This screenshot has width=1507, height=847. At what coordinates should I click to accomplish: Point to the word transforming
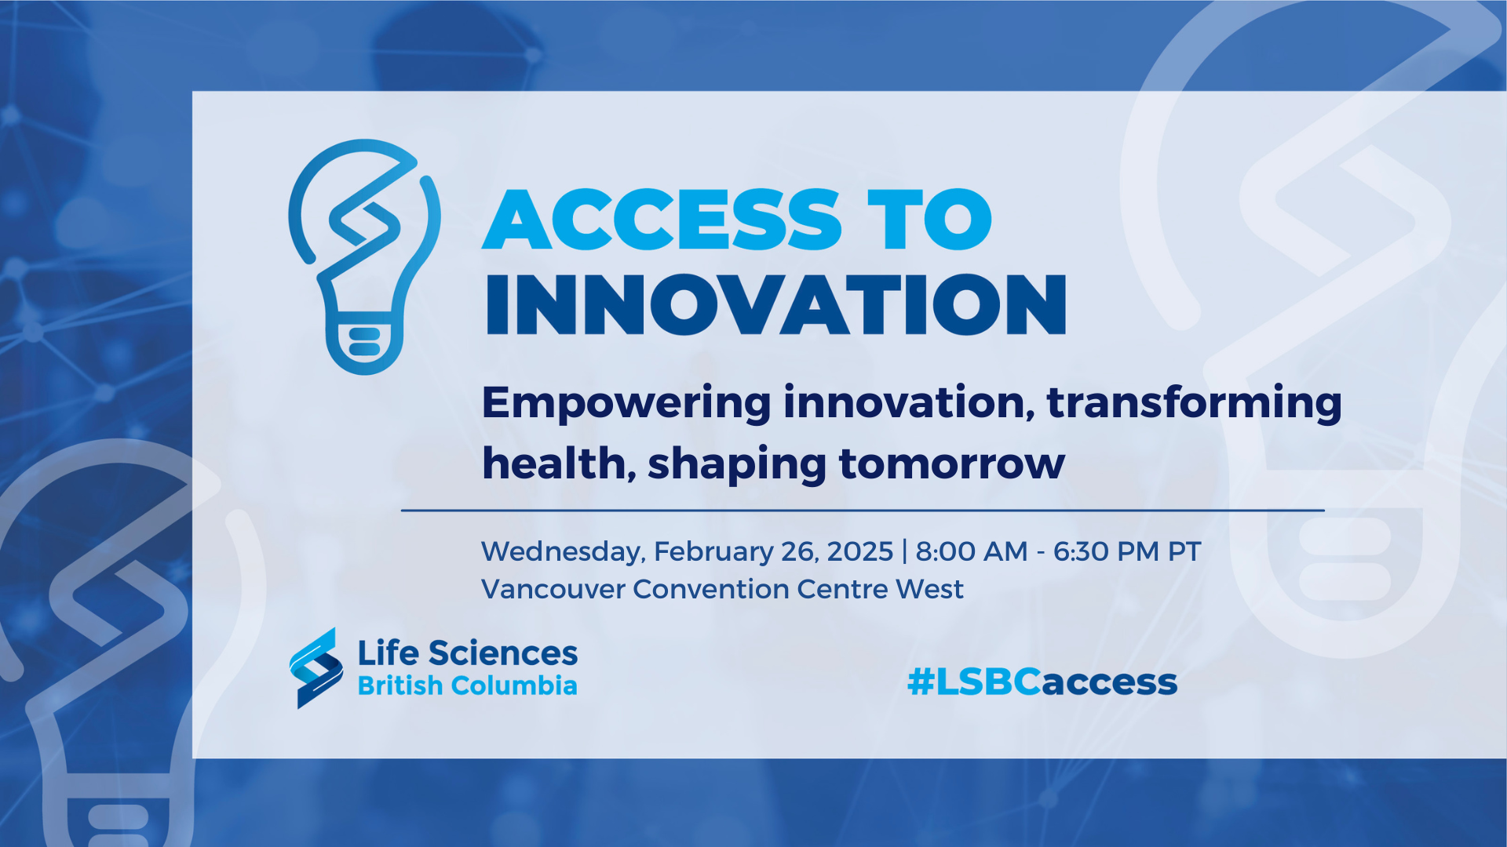click(1194, 404)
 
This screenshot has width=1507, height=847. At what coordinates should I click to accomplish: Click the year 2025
click(860, 551)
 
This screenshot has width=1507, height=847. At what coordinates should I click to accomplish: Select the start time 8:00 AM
click(972, 551)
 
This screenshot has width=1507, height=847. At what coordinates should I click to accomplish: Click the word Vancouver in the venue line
click(553, 589)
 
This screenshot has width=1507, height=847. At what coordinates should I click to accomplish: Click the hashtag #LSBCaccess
click(1042, 682)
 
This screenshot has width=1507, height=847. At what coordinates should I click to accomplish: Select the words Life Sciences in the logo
click(468, 653)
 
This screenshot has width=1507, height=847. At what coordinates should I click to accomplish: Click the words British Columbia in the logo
click(468, 685)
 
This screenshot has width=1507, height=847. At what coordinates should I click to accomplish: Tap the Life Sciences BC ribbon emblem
click(316, 668)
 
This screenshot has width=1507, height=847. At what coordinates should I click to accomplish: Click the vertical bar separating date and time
click(905, 551)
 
